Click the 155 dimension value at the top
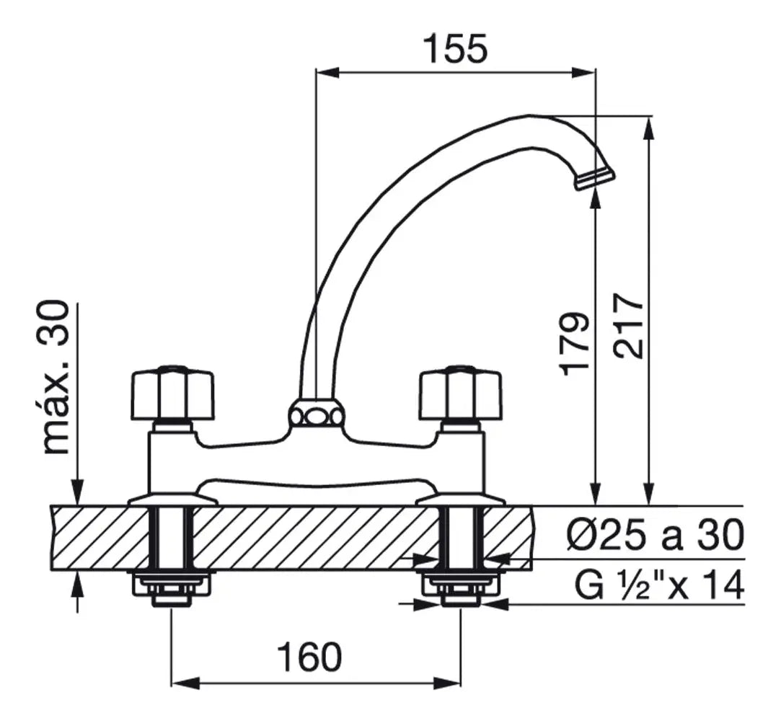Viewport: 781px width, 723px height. tap(455, 48)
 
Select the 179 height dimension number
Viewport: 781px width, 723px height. tap(574, 345)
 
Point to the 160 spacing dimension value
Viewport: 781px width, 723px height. tap(310, 656)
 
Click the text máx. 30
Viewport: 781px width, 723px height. tap(55, 378)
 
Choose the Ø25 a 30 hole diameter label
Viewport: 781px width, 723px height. tap(656, 536)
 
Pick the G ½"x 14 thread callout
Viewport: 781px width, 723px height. tap(659, 586)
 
